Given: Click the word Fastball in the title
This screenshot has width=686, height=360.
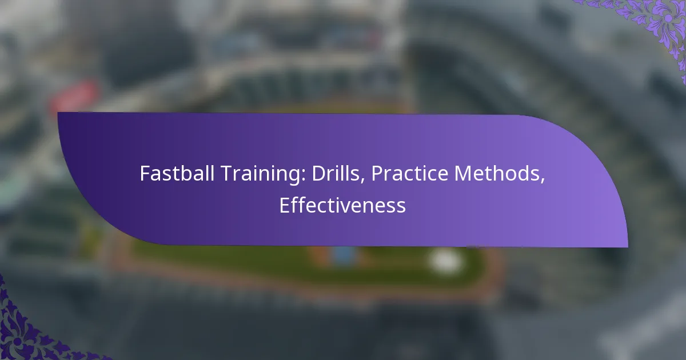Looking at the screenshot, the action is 177,173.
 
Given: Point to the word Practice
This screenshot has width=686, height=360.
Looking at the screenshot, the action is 410,173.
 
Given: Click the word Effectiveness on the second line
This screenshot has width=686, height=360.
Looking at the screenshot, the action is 342,205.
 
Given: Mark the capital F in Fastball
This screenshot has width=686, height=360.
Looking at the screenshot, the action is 145,174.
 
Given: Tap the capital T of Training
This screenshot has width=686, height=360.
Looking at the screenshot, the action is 227,174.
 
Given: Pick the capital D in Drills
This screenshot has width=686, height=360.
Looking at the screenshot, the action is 319,174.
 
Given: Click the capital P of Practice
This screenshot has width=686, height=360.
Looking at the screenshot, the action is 377,174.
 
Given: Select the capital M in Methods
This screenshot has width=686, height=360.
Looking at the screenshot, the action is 462,174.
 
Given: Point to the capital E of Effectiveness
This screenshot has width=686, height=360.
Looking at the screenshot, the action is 285,205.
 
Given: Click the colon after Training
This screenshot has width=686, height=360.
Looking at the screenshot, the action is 304,176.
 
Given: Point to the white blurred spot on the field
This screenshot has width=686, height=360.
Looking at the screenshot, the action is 445,261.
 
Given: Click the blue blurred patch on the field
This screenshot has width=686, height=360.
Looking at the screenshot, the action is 344,255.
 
